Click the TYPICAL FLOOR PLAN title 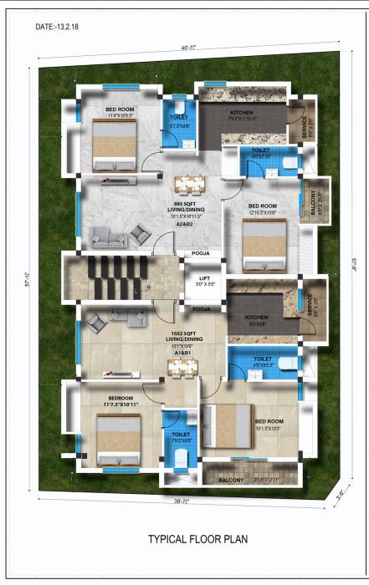(197, 540)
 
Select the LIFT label (204, 279)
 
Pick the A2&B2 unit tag (184, 225)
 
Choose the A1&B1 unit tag (182, 353)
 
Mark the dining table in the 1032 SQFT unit (185, 368)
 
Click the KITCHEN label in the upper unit (243, 113)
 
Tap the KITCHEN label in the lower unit (255, 318)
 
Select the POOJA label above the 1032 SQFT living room (202, 308)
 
